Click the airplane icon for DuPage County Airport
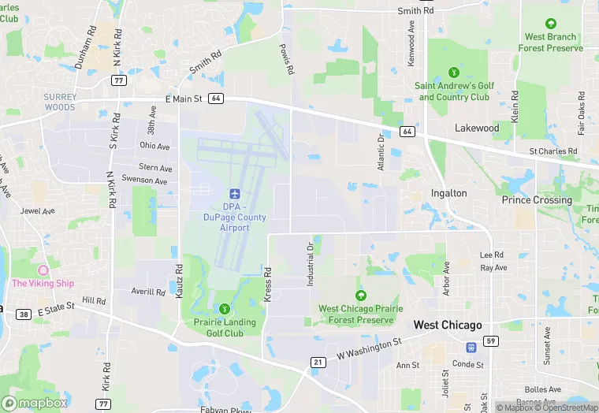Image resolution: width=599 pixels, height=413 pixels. pyautogui.click(x=233, y=193)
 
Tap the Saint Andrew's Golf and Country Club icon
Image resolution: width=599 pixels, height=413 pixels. pyautogui.click(x=453, y=72)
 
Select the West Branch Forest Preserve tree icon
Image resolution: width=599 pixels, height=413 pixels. pyautogui.click(x=550, y=24)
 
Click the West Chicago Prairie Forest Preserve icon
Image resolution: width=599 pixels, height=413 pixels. pyautogui.click(x=360, y=296)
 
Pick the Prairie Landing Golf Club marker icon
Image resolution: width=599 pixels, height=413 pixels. pyautogui.click(x=225, y=308)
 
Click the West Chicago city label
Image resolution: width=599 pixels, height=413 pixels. pyautogui.click(x=448, y=325)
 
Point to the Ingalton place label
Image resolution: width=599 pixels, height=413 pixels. pyautogui.click(x=449, y=193)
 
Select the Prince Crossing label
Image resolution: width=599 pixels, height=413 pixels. pyautogui.click(x=537, y=200)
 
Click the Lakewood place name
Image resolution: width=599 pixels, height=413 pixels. pyautogui.click(x=477, y=128)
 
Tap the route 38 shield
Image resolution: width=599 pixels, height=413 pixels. pyautogui.click(x=24, y=314)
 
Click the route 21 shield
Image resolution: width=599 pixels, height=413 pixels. pyautogui.click(x=318, y=362)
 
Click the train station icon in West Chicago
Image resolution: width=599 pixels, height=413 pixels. pyautogui.click(x=471, y=346)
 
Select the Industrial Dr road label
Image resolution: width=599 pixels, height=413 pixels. pyautogui.click(x=310, y=259)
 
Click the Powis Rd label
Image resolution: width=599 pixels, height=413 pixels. pyautogui.click(x=286, y=59)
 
